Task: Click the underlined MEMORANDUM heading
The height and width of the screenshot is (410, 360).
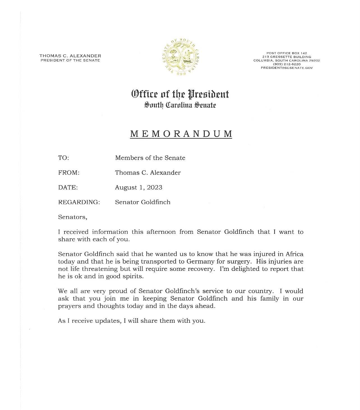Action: (181, 134)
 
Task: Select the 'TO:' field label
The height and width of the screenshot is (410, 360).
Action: (63, 158)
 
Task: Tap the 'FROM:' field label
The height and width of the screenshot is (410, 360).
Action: (69, 173)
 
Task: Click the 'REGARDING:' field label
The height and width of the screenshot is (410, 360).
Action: (79, 202)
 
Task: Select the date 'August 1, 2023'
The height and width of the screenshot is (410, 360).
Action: (138, 187)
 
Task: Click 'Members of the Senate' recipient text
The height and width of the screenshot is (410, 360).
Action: (150, 158)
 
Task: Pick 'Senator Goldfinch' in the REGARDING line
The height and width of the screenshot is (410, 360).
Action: (143, 202)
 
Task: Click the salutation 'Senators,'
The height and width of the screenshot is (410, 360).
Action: (72, 217)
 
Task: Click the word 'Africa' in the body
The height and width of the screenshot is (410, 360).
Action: (294, 254)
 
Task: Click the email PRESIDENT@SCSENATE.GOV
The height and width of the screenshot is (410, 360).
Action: (286, 68)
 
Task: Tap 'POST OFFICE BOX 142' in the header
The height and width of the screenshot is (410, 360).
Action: (286, 53)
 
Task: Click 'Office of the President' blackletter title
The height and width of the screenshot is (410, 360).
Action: (180, 94)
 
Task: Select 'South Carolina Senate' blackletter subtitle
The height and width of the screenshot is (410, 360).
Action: (180, 105)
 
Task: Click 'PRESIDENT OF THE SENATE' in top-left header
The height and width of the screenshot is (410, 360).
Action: (70, 60)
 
